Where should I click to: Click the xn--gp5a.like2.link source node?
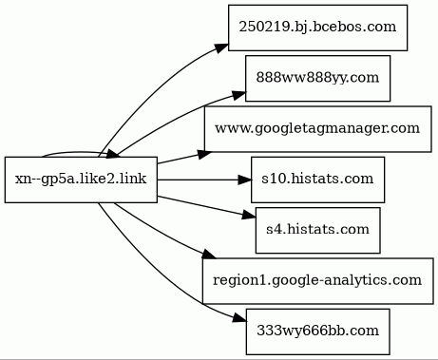click(81, 179)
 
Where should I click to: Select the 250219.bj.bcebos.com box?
click(318, 27)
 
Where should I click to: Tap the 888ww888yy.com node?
click(318, 77)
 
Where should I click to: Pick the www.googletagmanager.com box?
click(318, 127)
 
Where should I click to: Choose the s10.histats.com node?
click(318, 178)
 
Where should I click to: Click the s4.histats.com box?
click(318, 229)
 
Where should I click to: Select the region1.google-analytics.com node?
click(318, 279)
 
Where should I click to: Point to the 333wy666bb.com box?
click(318, 330)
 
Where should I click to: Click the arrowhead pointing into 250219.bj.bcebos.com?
click(220, 46)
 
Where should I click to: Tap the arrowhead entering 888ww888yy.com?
click(238, 93)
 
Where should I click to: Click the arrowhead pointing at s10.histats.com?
click(241, 178)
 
